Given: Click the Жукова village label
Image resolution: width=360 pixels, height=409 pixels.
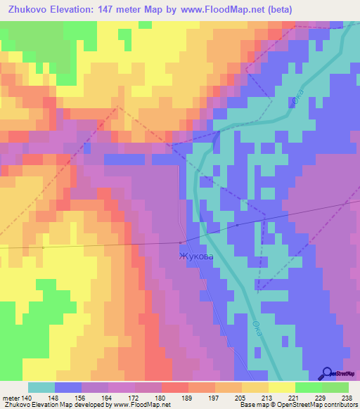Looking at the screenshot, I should (x=196, y=257).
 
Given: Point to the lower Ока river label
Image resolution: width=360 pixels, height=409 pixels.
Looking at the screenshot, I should (x=257, y=329).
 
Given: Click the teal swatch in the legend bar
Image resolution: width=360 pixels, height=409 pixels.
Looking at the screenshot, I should (x=41, y=387).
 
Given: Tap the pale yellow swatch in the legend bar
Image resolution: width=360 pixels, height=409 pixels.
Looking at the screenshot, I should (x=281, y=387).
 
